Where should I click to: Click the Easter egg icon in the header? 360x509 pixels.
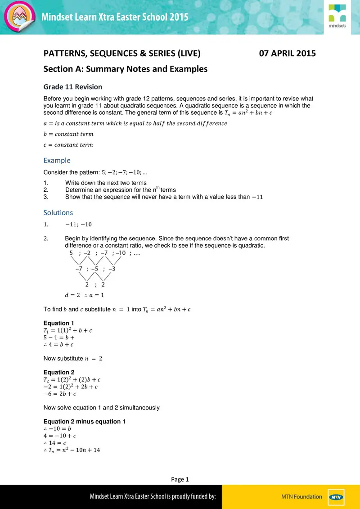(19, 17)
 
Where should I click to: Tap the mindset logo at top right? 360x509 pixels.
(337, 17)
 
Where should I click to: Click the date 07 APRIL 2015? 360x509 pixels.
(288, 54)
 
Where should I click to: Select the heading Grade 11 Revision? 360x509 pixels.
(72, 87)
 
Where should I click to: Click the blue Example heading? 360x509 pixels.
(57, 160)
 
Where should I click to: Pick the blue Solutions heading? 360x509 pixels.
(58, 212)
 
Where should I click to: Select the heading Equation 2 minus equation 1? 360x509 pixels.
(84, 421)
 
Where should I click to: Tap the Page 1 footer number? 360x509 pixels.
(180, 479)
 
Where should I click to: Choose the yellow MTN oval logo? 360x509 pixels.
(335, 497)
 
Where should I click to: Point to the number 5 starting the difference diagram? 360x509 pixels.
(71, 253)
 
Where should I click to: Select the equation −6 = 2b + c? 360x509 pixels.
(59, 394)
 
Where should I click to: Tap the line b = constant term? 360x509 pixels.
(68, 134)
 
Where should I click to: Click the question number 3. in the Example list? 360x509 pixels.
(45, 197)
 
